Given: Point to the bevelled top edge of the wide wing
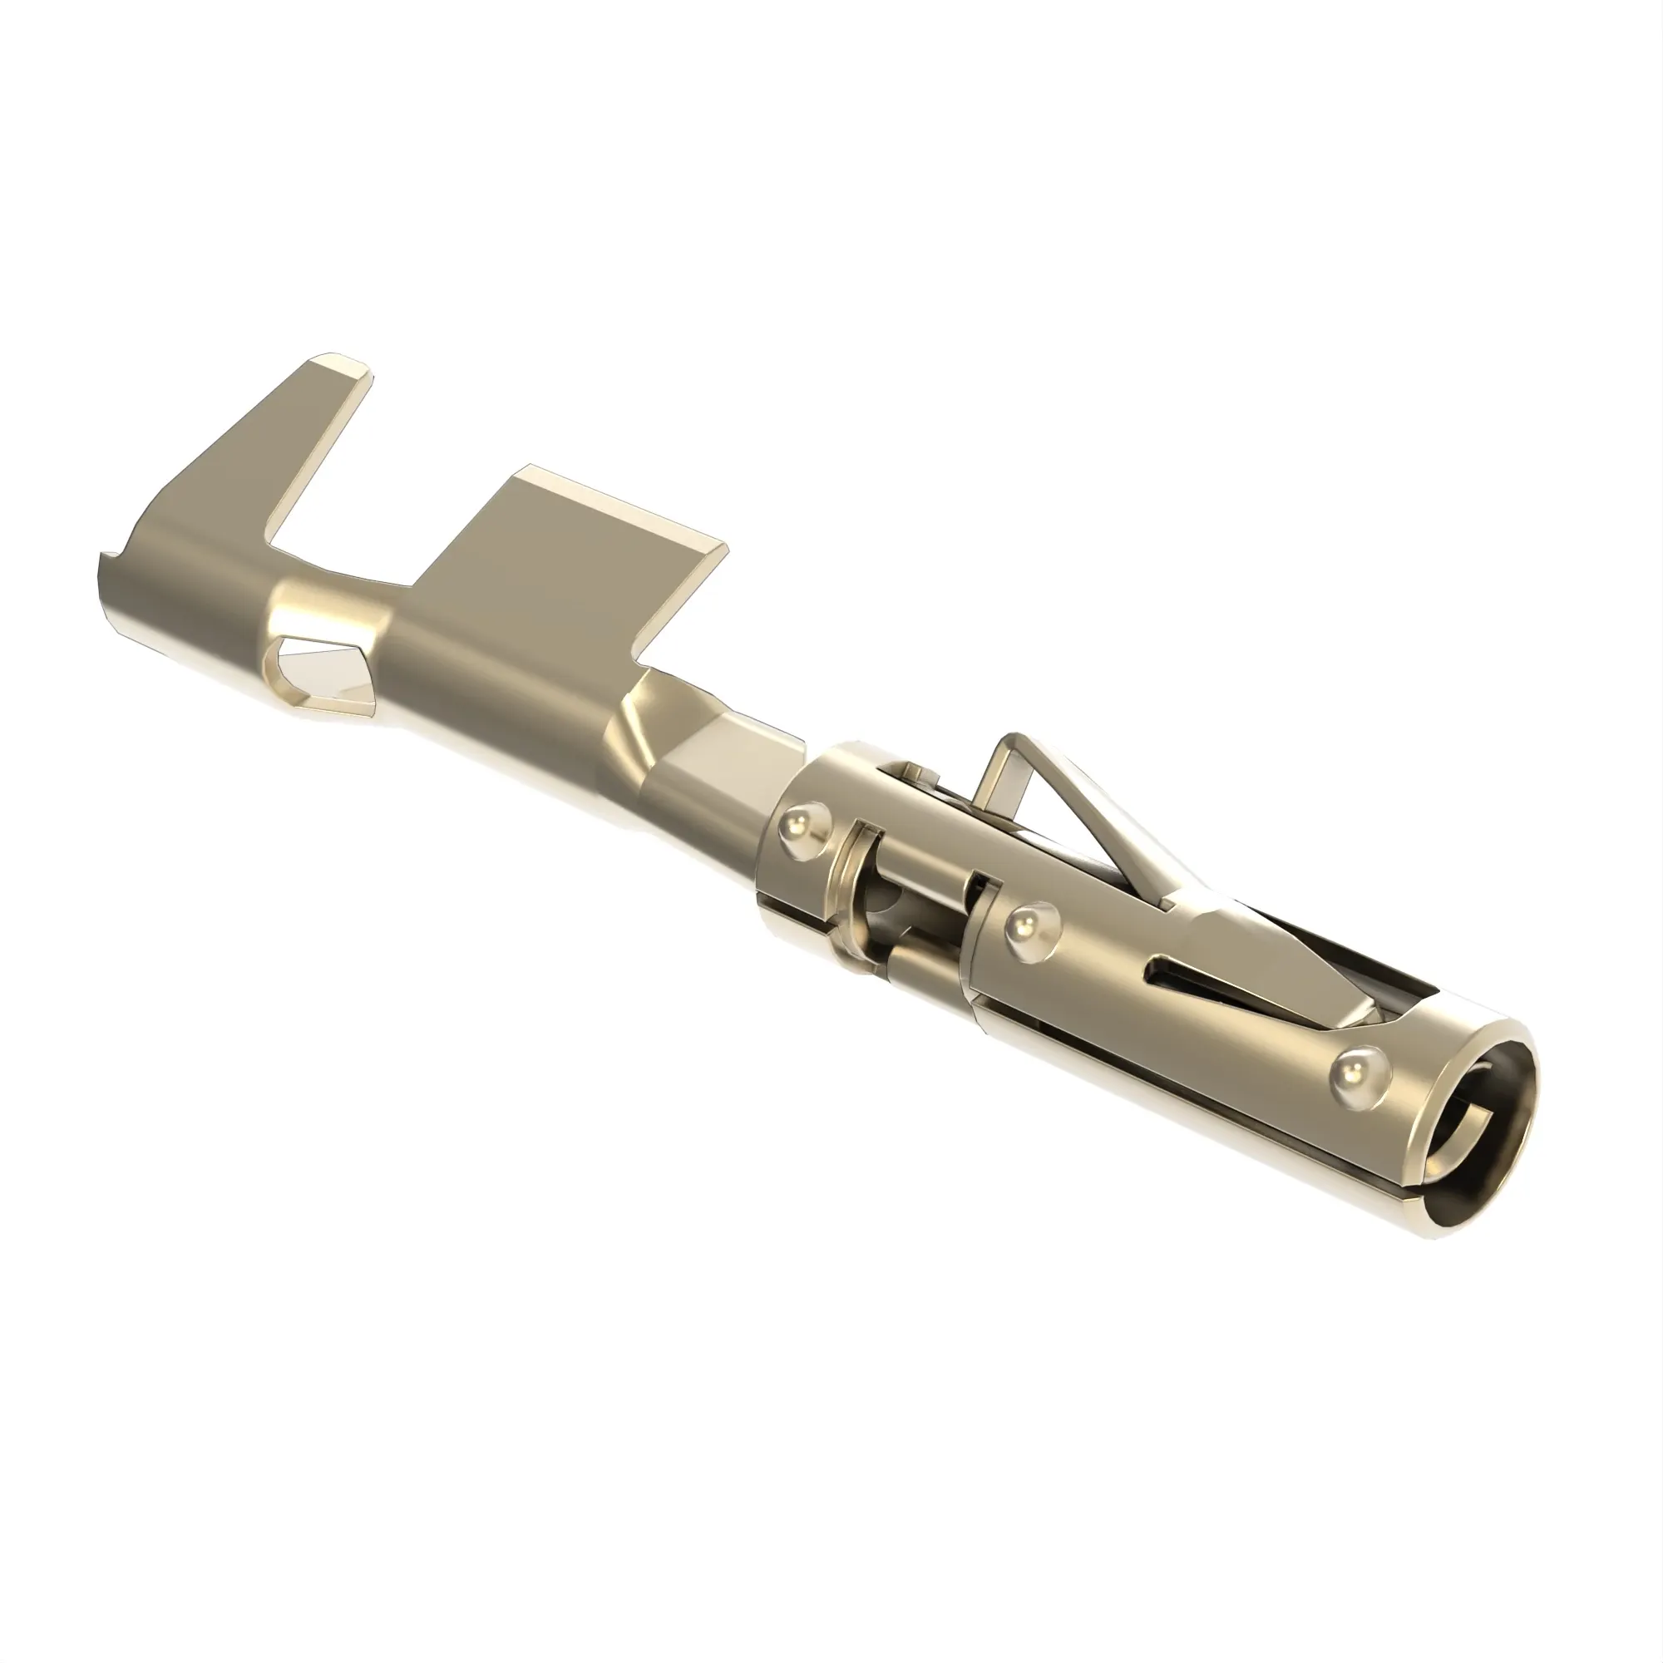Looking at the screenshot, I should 629,504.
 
